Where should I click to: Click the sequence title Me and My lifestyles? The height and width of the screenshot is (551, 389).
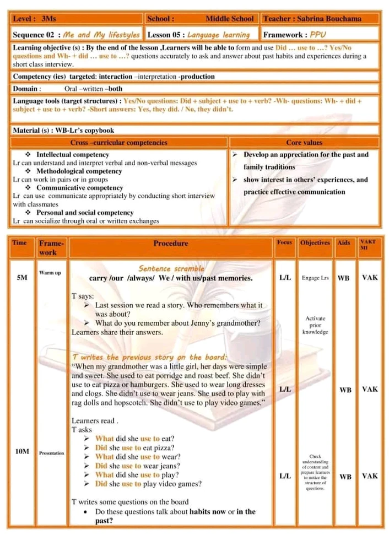(102, 35)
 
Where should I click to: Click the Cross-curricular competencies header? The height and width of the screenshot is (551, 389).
(119, 143)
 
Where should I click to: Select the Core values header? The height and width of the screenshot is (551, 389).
(304, 143)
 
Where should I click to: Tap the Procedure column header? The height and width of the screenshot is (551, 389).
(170, 243)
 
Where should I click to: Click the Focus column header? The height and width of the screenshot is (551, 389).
(284, 242)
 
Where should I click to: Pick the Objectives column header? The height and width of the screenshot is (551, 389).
(315, 242)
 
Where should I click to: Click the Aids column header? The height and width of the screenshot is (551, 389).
(343, 242)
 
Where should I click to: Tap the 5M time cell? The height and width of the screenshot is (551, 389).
(21, 278)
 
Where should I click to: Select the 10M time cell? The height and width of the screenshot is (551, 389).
(22, 451)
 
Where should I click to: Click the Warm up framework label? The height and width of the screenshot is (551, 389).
(50, 273)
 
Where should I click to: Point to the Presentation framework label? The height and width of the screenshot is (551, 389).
(51, 453)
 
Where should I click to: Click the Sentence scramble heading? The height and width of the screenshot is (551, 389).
(171, 268)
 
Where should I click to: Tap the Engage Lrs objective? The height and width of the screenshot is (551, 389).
(315, 278)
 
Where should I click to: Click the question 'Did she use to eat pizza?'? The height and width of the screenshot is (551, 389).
(135, 447)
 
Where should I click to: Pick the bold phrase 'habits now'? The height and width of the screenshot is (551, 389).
(208, 511)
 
